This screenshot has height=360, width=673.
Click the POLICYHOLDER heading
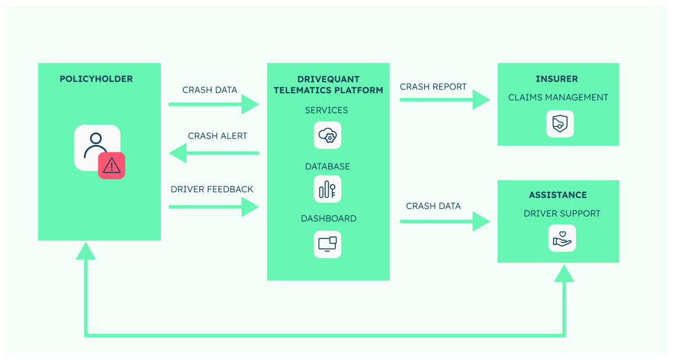[x=96, y=79]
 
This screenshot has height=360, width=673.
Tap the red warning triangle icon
[x=111, y=165]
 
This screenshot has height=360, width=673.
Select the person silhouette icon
[x=96, y=146]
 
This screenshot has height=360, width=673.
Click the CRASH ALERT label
[x=218, y=136]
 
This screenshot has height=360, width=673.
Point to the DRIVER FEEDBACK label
[x=212, y=189]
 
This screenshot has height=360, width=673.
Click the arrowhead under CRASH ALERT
[x=178, y=152]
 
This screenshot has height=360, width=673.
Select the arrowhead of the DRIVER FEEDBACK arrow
[x=250, y=207]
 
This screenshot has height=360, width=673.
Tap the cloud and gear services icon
[x=328, y=135]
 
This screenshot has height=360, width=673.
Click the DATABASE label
[x=328, y=166]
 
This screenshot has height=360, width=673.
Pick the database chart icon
[x=328, y=189]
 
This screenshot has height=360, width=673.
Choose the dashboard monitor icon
[x=328, y=244]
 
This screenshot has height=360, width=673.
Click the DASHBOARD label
[x=328, y=218]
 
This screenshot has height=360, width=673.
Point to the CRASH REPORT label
[x=433, y=87]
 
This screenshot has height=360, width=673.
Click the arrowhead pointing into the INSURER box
[x=481, y=100]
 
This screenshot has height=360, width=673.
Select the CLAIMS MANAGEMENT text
[x=558, y=97]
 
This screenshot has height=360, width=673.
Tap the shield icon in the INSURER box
[x=560, y=124]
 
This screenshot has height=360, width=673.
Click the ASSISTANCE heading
[x=558, y=195]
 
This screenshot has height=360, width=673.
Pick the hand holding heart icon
[x=562, y=238]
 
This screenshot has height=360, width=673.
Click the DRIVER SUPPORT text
[x=562, y=214]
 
